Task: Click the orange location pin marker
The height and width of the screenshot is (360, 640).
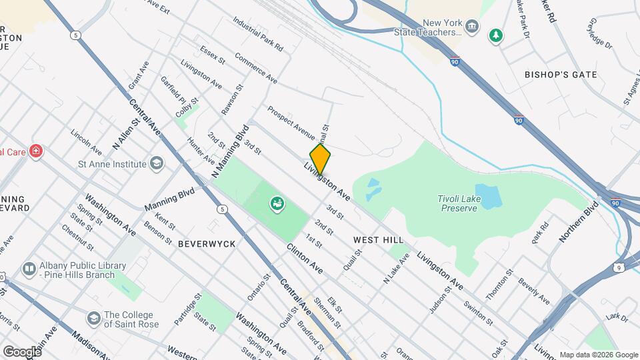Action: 320,159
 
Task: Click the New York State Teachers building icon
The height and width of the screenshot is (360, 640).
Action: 472,27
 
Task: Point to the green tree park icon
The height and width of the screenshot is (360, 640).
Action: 495,35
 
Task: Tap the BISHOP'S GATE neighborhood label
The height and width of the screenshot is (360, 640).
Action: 560,75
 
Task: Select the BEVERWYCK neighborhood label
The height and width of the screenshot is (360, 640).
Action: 207,244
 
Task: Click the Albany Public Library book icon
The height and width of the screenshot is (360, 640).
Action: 29,269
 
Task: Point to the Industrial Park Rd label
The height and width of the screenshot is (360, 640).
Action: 259,35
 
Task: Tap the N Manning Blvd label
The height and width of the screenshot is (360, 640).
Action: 231,151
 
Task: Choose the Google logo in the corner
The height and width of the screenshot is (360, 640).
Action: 22,351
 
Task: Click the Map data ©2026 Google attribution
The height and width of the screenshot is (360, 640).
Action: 598,355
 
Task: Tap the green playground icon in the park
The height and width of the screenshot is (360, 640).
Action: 277,203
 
